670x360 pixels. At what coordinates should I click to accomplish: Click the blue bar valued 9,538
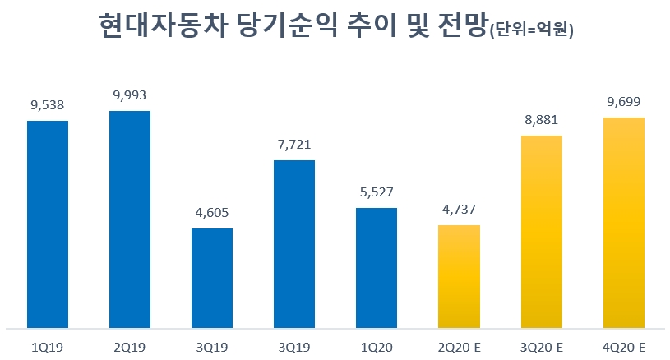(x=48, y=224)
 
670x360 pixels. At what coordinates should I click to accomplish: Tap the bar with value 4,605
(x=212, y=278)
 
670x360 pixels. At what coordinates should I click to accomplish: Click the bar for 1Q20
(x=377, y=267)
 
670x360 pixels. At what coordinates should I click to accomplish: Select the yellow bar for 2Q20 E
(x=459, y=275)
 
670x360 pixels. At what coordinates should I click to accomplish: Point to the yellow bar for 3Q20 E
(x=541, y=231)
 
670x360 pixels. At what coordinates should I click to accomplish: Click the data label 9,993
(x=130, y=95)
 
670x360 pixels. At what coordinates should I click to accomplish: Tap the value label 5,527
(x=377, y=192)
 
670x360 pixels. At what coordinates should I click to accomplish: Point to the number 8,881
(x=541, y=120)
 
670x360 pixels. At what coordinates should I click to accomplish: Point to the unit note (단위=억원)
(x=531, y=31)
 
